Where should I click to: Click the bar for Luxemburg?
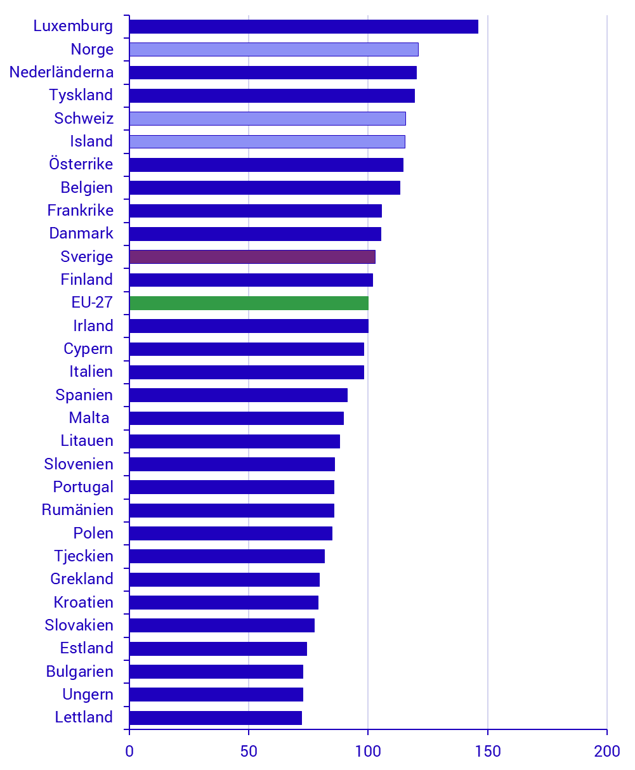[x=303, y=27]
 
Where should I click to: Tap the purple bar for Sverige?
[x=252, y=257]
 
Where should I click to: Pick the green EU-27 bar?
[x=249, y=303]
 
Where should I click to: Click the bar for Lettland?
[x=215, y=718]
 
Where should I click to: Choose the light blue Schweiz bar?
[x=267, y=119]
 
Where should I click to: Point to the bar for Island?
[x=266, y=141]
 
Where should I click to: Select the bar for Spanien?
[x=238, y=395]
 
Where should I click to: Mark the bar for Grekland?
[x=224, y=580]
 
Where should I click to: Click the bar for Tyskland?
[x=272, y=96]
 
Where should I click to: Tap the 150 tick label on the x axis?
[x=487, y=752]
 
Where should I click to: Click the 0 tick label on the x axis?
[x=129, y=752]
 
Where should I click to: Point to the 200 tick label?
[x=606, y=752]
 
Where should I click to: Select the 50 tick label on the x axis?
[x=249, y=752]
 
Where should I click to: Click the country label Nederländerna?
[x=62, y=72]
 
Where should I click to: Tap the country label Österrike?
[x=81, y=164]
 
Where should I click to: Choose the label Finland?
[x=87, y=280]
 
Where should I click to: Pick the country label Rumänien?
[x=77, y=510]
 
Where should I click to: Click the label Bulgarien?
[x=79, y=672]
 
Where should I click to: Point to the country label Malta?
[x=89, y=418]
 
